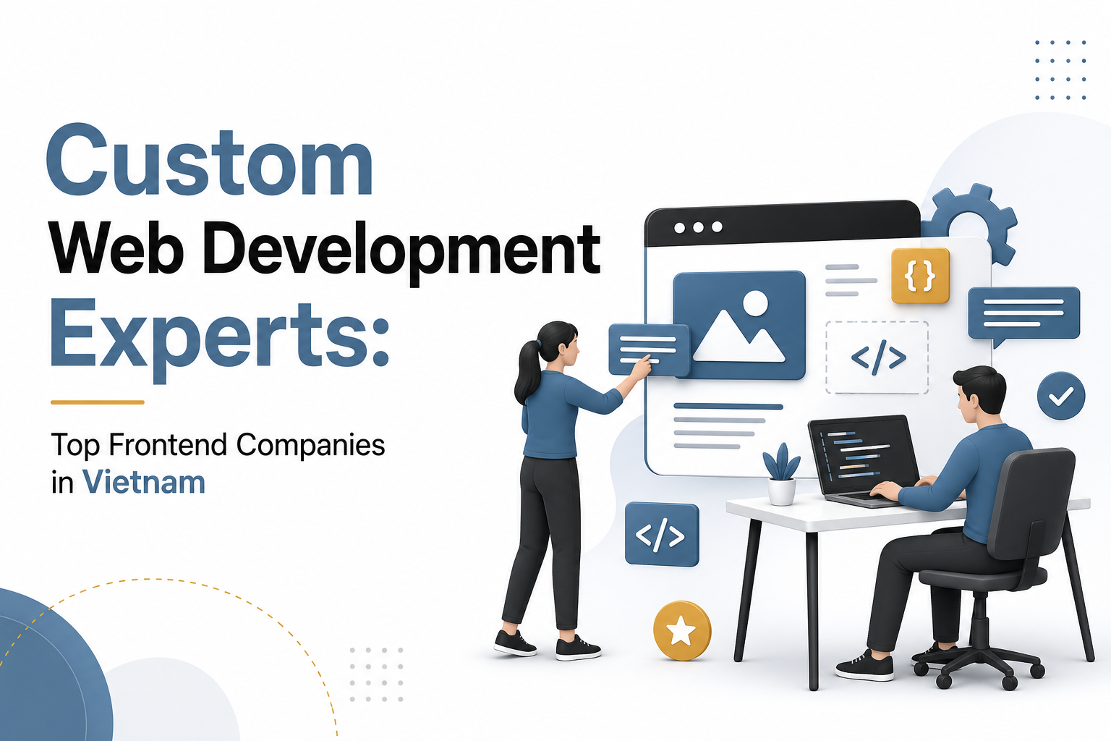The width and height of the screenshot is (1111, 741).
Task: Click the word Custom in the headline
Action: tap(209, 161)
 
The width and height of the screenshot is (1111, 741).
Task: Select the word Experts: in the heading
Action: tap(219, 334)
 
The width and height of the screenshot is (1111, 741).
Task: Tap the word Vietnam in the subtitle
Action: tap(144, 483)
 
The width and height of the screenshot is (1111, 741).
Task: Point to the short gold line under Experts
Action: tap(98, 402)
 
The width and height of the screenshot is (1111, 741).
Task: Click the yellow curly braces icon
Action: tap(920, 275)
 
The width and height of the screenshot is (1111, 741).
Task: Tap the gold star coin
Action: tap(681, 631)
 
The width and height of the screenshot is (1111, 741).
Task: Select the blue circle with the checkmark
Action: tap(1060, 396)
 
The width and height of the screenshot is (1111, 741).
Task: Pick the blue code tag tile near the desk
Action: tap(661, 535)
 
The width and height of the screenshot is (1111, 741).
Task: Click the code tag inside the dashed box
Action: tap(877, 357)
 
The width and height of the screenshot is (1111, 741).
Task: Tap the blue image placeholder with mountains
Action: tap(738, 325)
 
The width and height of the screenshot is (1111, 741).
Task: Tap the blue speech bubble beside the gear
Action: tap(1023, 313)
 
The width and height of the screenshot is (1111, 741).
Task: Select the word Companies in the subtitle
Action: tap(311, 445)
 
